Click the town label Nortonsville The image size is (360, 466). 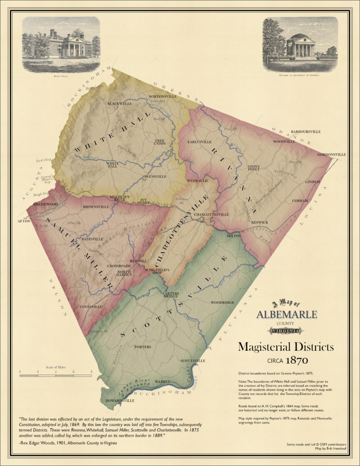(x=162, y=96)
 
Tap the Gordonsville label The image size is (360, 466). (x=332, y=154)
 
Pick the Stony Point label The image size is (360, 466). (x=254, y=169)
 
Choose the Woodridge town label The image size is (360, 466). (x=222, y=303)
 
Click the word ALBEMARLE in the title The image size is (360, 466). (x=286, y=314)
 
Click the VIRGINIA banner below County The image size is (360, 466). (x=286, y=331)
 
